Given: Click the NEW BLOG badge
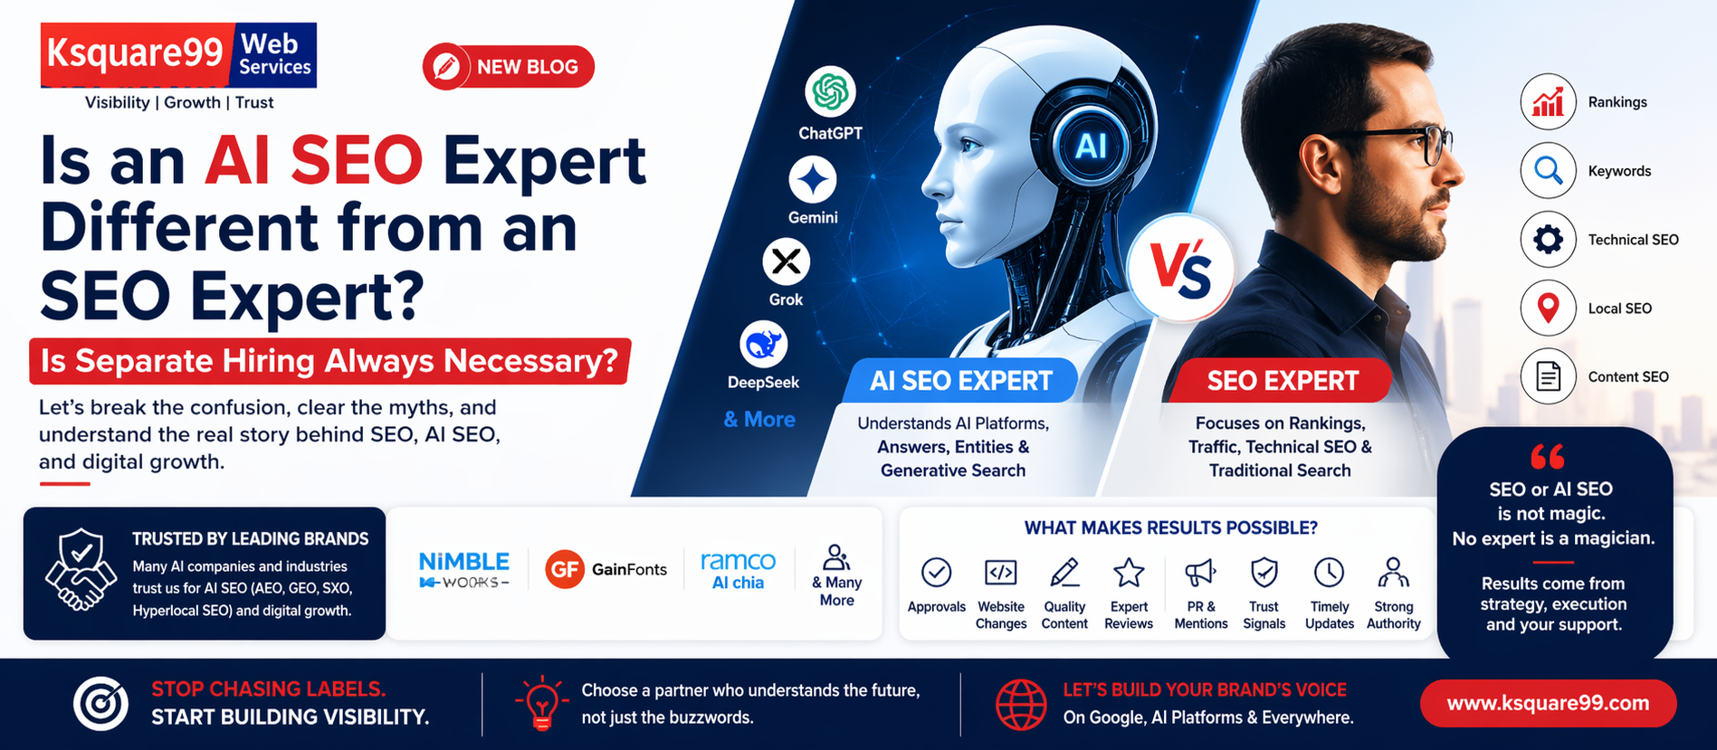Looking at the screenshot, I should click(508, 67).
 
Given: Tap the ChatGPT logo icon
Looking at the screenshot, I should click(830, 92).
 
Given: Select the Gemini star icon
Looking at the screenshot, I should click(812, 179).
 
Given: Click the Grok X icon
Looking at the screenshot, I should click(786, 262).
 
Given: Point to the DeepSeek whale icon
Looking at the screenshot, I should click(763, 345).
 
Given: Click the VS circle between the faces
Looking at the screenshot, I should click(1181, 269).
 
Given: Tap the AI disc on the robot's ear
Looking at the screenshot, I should click(1090, 146).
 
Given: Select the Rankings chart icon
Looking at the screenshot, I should click(1548, 102).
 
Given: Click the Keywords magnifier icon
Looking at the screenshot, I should click(1548, 171).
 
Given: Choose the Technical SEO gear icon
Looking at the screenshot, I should click(1548, 240).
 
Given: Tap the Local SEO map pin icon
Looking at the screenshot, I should click(1548, 309).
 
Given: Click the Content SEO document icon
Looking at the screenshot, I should click(1548, 376).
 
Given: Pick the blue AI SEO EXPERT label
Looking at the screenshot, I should click(960, 381).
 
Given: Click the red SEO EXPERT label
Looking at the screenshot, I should click(1282, 381).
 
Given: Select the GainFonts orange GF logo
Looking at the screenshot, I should click(564, 569).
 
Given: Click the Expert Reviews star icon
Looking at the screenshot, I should click(1128, 573).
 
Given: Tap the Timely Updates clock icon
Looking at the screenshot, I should click(1329, 573).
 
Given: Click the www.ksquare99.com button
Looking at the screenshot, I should click(1548, 703).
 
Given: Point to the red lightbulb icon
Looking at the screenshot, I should click(541, 703).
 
